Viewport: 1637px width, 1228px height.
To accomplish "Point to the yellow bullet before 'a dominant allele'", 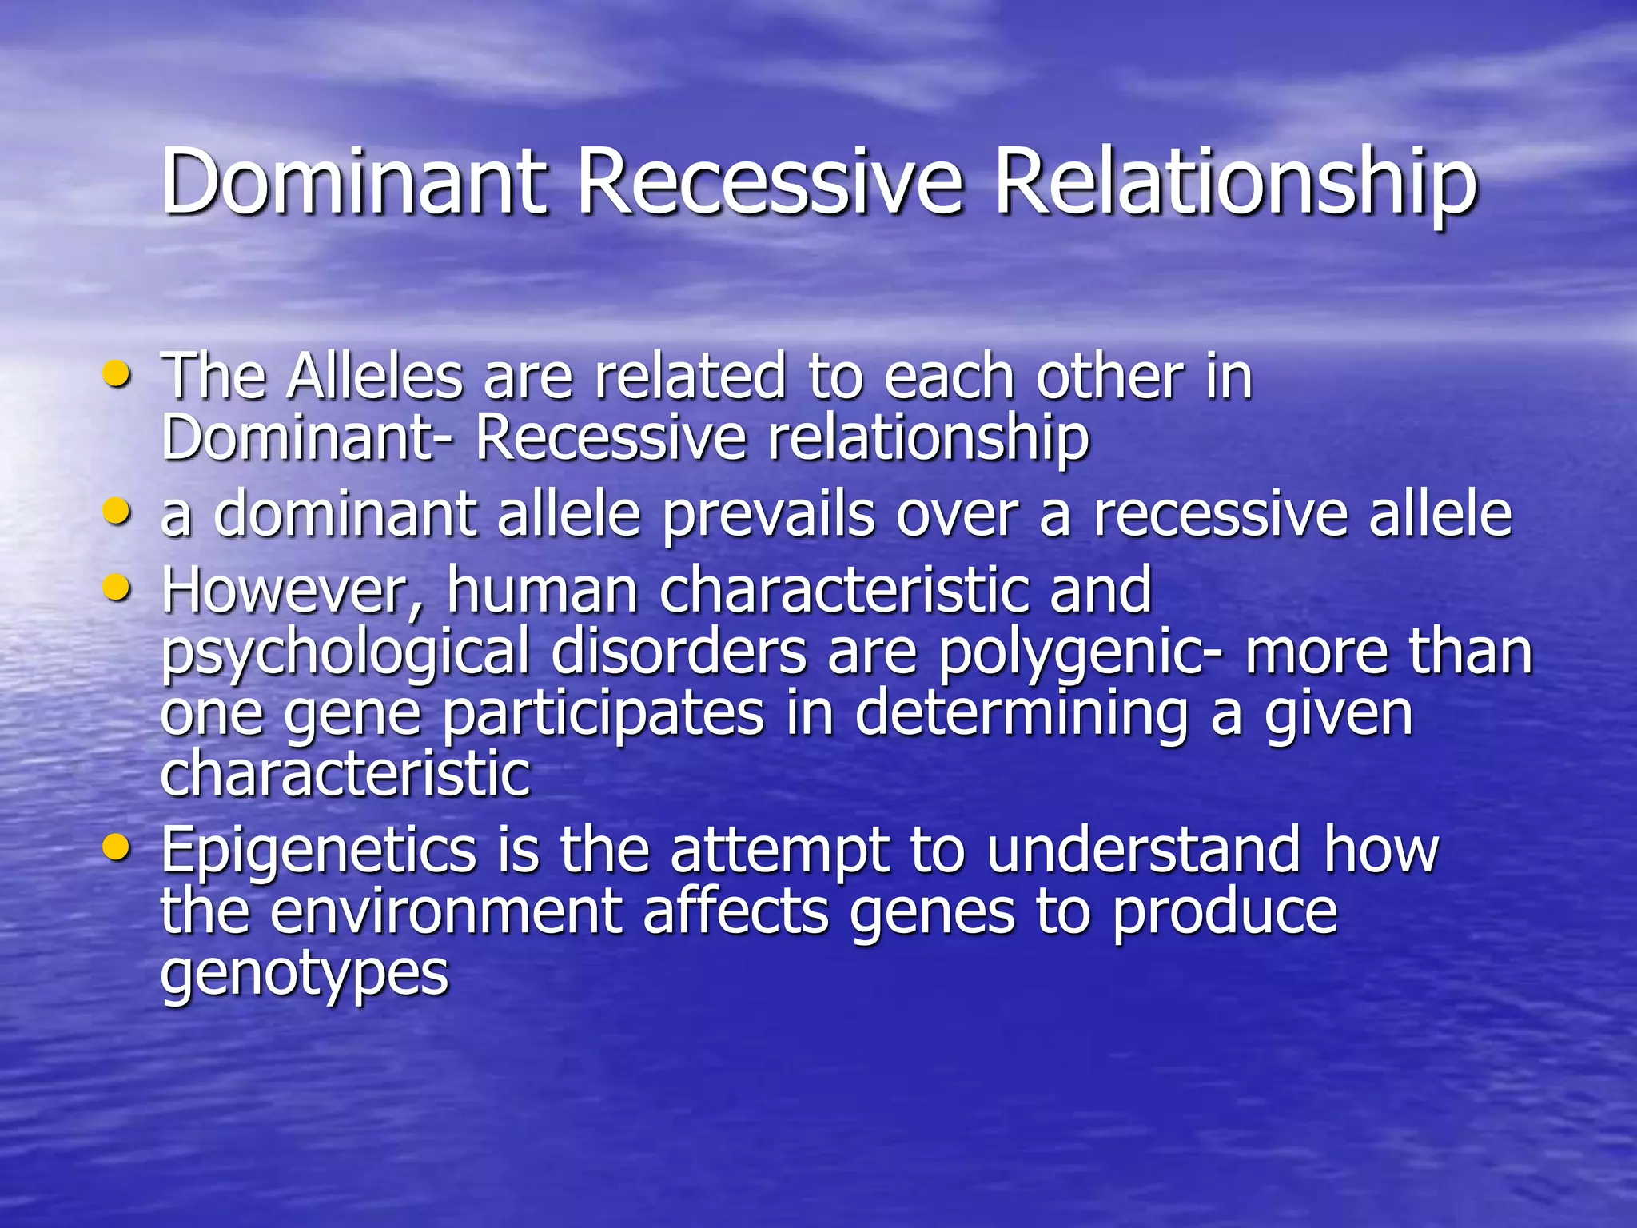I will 117,511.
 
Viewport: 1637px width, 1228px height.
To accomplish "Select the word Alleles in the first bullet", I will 376,377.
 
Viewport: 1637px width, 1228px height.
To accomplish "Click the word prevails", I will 768,516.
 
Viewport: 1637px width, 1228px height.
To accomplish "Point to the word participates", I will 603,714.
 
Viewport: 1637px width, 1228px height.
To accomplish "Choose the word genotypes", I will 305,974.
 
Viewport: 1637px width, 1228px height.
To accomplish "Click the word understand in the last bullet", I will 1143,851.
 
